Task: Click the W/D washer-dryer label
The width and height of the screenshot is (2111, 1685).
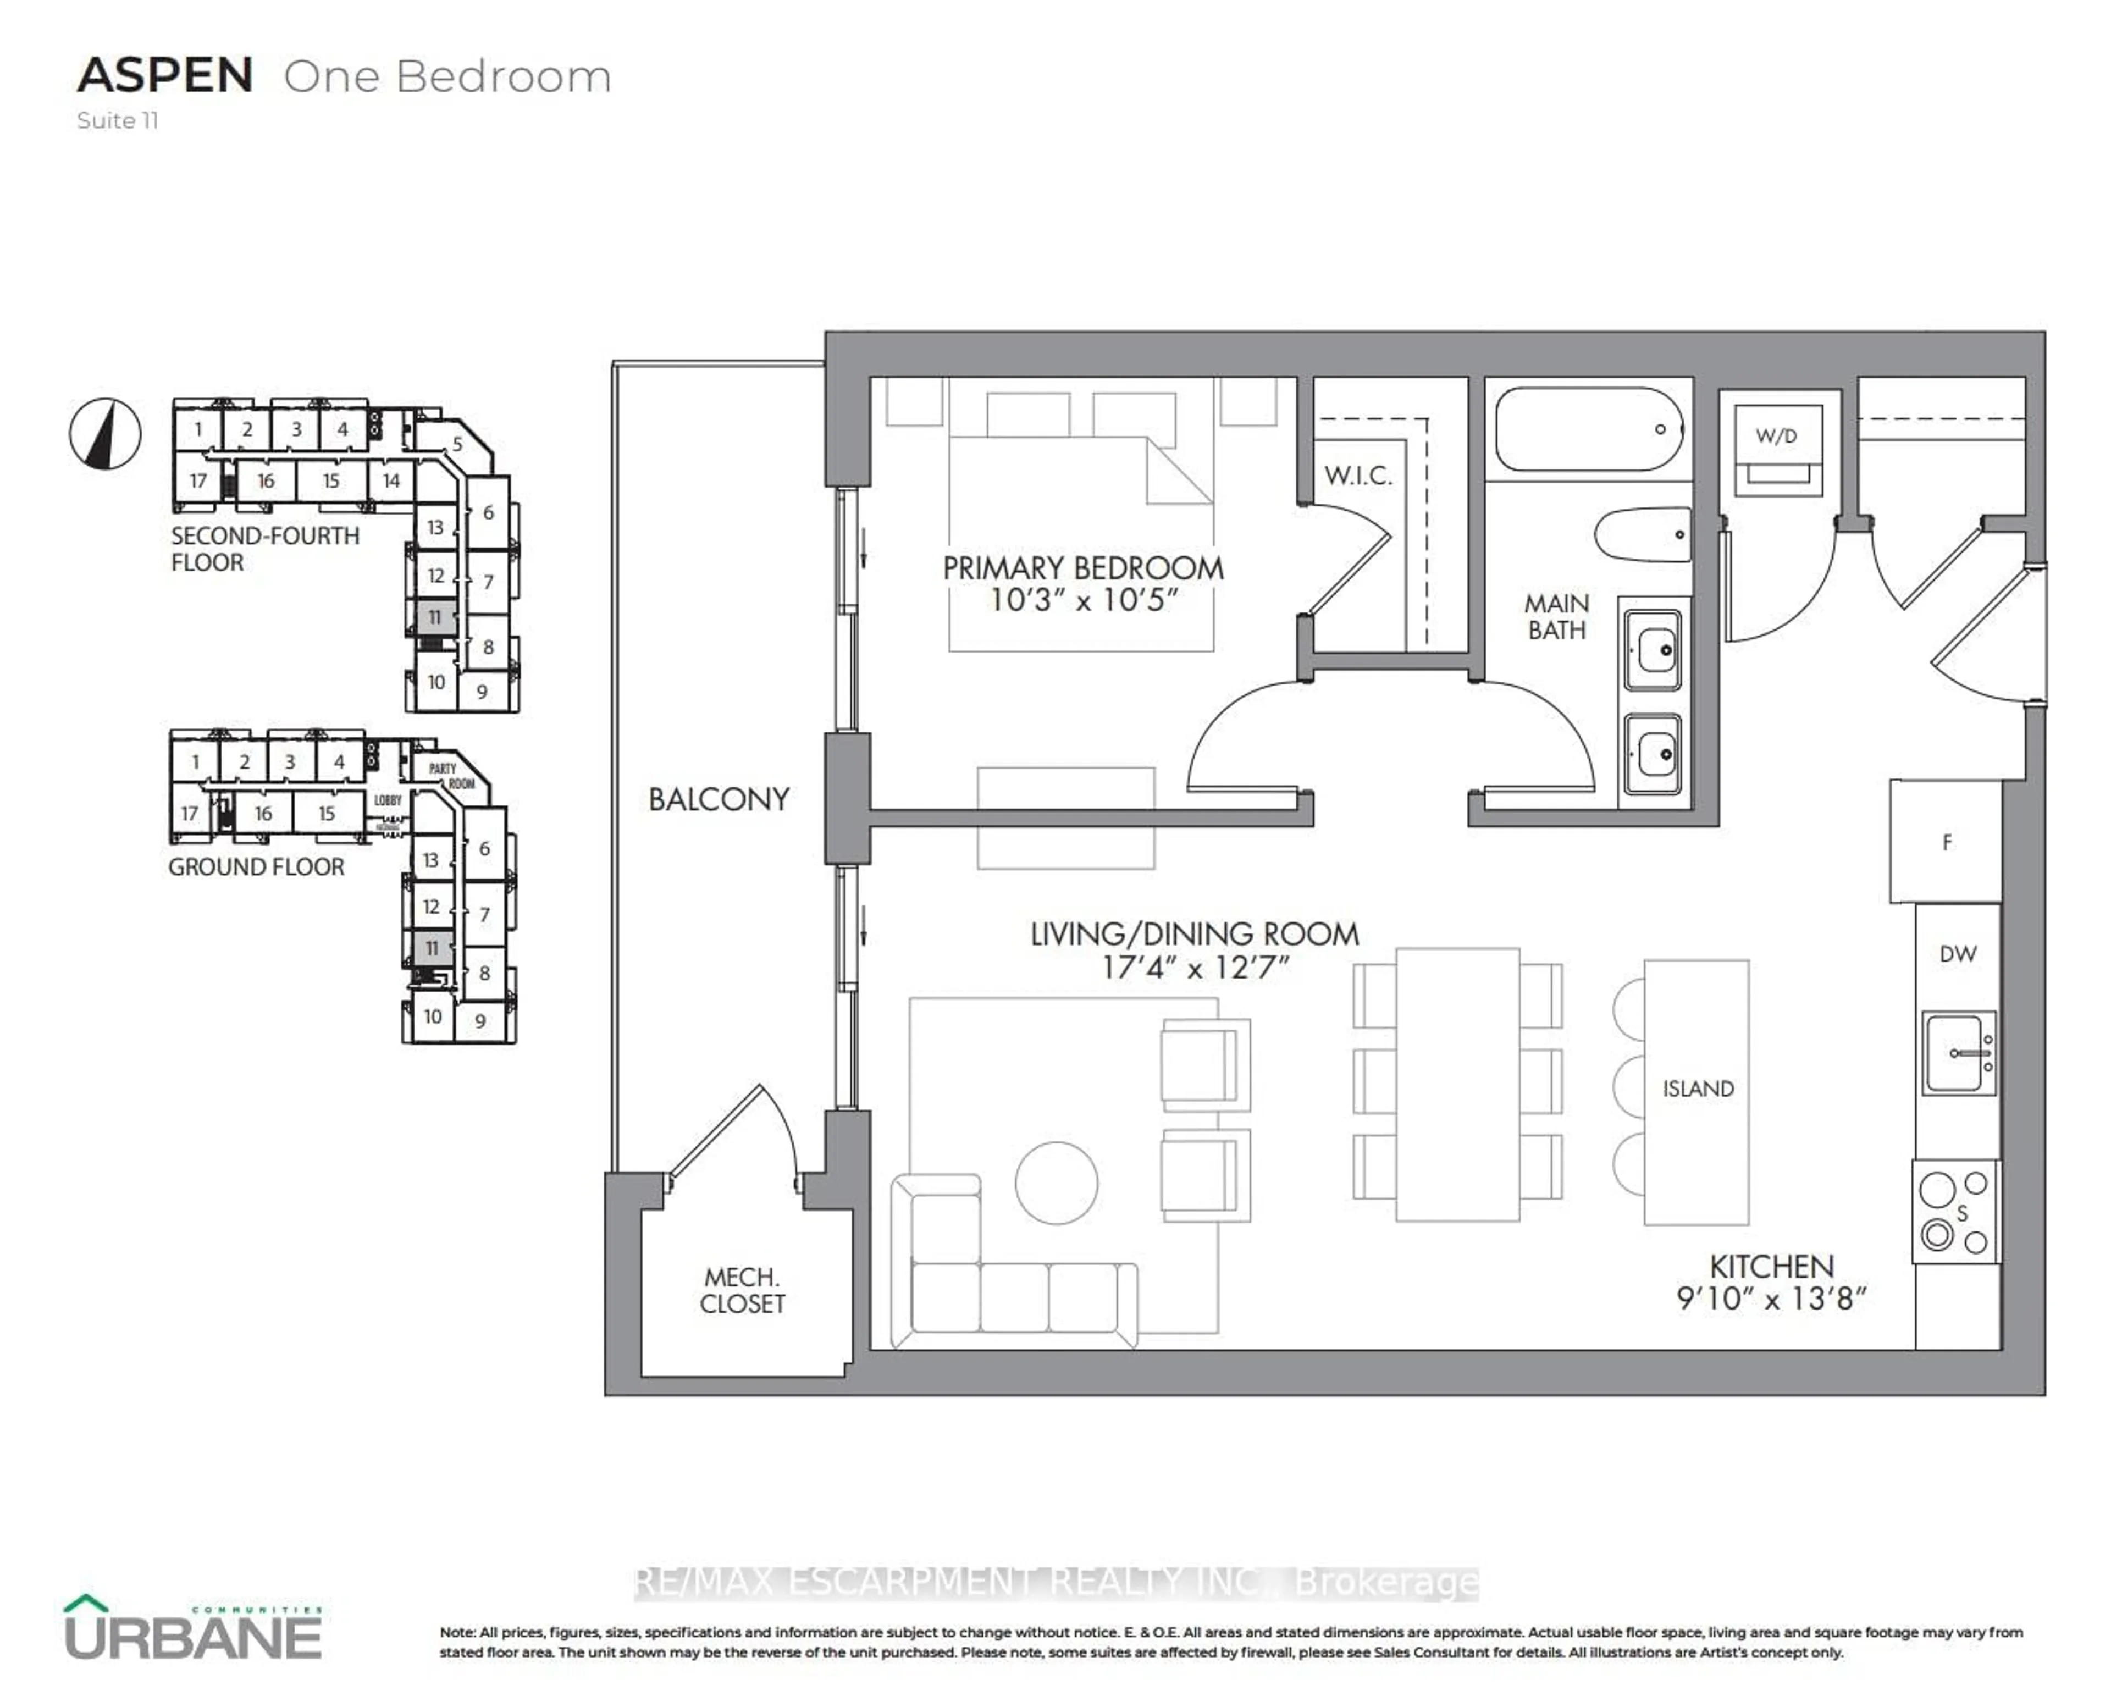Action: click(1776, 436)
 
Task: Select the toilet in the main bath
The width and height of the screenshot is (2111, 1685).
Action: click(1644, 534)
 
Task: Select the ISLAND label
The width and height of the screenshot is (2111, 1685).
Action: click(1697, 1089)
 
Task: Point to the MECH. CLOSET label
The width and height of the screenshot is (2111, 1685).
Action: click(742, 1290)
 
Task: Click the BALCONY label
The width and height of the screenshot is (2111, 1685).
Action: click(719, 800)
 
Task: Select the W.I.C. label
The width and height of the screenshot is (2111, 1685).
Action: click(1357, 476)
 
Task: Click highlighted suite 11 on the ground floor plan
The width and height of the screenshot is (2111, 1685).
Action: click(431, 948)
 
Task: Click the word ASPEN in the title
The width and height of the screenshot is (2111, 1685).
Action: click(164, 76)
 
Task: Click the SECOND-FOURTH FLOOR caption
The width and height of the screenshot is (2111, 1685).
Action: click(264, 548)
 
